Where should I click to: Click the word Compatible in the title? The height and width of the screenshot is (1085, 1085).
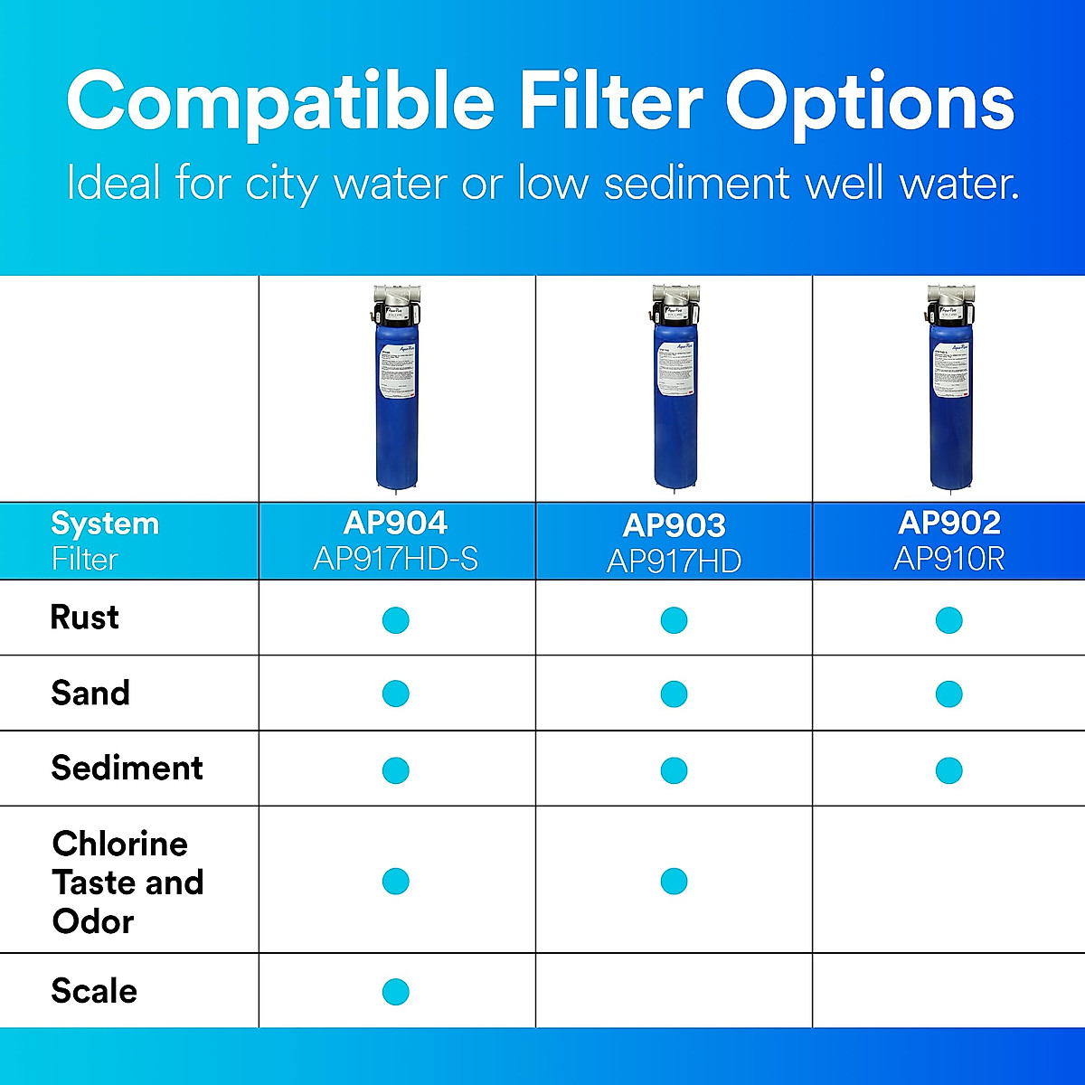[280, 101]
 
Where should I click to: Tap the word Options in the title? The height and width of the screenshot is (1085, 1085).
[870, 101]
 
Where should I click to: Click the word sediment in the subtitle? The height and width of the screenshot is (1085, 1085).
[697, 184]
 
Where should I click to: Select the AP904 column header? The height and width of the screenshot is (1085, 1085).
[395, 524]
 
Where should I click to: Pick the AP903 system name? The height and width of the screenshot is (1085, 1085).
[674, 525]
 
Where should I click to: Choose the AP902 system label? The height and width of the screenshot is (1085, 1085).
[949, 524]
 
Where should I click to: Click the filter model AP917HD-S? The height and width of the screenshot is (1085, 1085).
[395, 560]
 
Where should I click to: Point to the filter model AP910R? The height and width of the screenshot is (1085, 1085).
[949, 560]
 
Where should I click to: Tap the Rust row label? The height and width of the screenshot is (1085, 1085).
[84, 618]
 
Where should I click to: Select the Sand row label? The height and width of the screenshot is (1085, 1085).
[90, 693]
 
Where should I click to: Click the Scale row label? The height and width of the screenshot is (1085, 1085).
[94, 991]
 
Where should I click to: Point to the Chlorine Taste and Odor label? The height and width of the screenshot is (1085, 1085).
[127, 882]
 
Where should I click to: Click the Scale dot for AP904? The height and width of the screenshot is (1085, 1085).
[396, 992]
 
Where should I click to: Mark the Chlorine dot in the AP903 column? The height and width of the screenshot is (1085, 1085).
[674, 881]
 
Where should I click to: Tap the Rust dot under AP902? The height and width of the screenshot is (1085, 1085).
[949, 620]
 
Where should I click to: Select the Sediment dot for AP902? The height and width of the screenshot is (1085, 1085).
[949, 770]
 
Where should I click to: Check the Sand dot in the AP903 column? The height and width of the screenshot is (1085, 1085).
[674, 694]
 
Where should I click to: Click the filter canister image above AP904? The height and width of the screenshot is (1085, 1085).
[397, 398]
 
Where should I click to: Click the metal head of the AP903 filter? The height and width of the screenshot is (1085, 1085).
[675, 299]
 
